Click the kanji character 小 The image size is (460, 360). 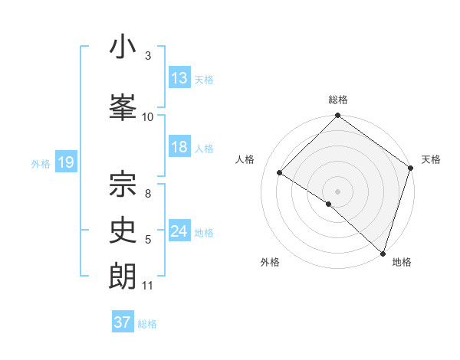click(x=123, y=47)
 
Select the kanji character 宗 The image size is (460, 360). click(x=123, y=182)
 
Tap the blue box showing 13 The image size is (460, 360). click(x=179, y=78)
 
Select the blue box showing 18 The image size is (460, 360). click(x=179, y=147)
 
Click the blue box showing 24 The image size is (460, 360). click(x=179, y=231)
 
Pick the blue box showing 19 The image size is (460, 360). click(x=66, y=162)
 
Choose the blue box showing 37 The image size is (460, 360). click(x=123, y=322)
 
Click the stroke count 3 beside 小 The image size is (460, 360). click(x=148, y=56)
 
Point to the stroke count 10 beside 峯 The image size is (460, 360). click(x=148, y=116)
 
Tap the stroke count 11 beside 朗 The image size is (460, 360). click(x=148, y=286)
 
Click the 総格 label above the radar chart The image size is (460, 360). click(x=338, y=100)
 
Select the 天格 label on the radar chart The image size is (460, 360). click(x=431, y=159)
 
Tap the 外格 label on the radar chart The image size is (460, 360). click(x=270, y=262)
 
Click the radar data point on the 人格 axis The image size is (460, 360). click(x=280, y=172)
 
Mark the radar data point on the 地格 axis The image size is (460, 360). click(x=383, y=252)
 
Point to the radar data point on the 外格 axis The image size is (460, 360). click(x=328, y=204)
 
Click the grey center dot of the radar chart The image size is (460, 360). click(x=338, y=191)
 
